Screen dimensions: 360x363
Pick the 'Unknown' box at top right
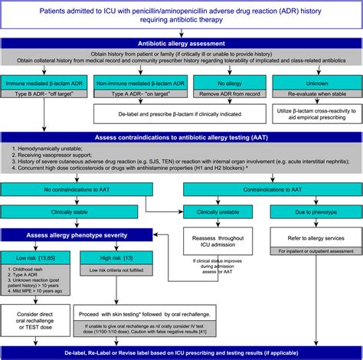pyautogui.click(x=315, y=79)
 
